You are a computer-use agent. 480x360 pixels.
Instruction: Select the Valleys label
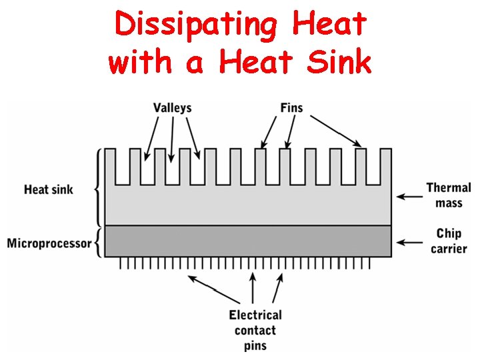[x=173, y=108]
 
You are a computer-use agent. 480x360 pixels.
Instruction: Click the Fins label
[x=291, y=107]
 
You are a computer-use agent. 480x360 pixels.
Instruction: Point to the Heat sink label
[x=49, y=189]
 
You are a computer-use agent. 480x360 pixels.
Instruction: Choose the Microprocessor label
[x=49, y=243]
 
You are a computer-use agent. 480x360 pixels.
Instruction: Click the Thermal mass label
[x=448, y=195]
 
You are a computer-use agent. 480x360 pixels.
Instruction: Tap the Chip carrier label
[x=449, y=241]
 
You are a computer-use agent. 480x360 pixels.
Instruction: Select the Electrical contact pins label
[x=255, y=330]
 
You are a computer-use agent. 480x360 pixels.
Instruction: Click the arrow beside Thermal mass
[x=410, y=196]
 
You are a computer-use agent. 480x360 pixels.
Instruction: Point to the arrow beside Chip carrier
[x=410, y=241]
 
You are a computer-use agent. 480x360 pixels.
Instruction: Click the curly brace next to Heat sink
[x=99, y=188]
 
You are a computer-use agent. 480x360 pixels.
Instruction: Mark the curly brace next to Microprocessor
[x=98, y=243]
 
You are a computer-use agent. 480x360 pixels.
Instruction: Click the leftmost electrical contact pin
[x=121, y=263]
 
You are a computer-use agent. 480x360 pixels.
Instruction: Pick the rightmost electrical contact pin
[x=369, y=263]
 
